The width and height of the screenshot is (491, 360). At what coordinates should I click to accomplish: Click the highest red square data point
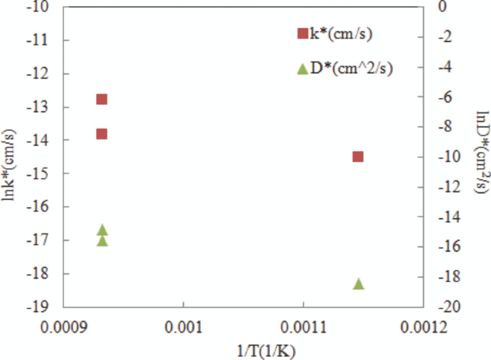101,99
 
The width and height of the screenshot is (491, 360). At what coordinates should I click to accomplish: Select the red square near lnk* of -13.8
101,134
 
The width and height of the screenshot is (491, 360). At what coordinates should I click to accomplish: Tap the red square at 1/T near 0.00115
358,157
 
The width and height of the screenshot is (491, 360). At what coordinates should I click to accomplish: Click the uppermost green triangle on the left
102,230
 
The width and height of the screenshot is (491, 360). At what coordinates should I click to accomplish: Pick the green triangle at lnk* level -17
102,241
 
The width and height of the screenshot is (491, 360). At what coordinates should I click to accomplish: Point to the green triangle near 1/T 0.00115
359,284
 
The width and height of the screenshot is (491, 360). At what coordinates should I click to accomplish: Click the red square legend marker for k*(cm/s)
303,34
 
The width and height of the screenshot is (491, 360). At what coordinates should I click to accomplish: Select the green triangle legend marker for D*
303,69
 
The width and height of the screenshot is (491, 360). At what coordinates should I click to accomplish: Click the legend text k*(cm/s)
341,35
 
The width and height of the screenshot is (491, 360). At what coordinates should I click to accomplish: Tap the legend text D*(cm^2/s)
351,69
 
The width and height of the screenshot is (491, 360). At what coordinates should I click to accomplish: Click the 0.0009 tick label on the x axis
63,329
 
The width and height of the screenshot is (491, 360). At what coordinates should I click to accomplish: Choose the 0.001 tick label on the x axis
183,329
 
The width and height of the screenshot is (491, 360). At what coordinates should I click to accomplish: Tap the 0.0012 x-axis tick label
423,329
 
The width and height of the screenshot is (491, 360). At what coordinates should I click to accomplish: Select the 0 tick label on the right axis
443,7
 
